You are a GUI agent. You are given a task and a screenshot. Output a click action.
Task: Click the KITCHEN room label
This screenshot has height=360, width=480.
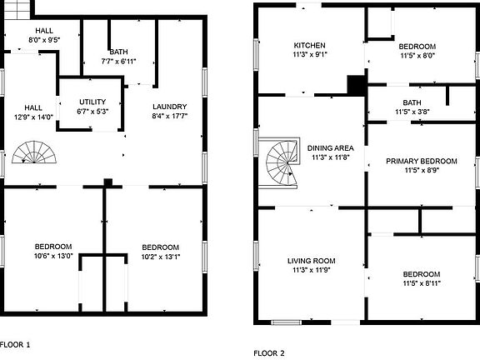point(309,46)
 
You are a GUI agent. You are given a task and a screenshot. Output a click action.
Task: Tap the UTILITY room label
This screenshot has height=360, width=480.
point(92,102)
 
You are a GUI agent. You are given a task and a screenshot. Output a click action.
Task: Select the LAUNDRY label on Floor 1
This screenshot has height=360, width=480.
point(170,107)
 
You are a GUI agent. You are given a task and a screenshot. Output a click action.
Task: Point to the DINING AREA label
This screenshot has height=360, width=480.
point(330,148)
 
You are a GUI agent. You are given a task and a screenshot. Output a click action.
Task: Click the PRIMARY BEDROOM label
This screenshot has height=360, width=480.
point(422,161)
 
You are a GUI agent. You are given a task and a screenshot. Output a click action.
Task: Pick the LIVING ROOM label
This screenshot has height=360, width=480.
point(312,261)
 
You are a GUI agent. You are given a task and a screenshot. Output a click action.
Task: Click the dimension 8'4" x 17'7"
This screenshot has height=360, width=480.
point(170,116)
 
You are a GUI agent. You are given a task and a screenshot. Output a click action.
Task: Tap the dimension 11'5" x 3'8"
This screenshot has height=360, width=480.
point(412,112)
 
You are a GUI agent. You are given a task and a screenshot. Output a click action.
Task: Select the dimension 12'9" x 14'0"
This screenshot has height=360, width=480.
point(33,117)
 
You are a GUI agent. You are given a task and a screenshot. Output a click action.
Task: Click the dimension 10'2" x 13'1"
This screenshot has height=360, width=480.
point(161,257)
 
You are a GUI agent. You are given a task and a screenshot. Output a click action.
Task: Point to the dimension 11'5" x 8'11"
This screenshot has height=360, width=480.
point(422,283)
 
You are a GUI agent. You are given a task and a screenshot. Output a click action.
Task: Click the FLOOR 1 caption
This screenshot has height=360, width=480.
point(15,345)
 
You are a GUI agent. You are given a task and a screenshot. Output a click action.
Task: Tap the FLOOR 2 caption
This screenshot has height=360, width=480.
point(269,353)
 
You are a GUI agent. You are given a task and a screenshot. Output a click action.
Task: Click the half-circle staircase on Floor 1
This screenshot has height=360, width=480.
point(34,152)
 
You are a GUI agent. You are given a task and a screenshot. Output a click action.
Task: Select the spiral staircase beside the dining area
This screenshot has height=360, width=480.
point(282,162)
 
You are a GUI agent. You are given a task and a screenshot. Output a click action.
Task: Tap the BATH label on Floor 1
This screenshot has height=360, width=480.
point(119,52)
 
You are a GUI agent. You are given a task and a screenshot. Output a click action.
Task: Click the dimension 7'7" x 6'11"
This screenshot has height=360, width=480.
point(119,62)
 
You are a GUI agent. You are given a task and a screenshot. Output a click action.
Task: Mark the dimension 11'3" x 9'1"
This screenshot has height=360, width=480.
point(309,55)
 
